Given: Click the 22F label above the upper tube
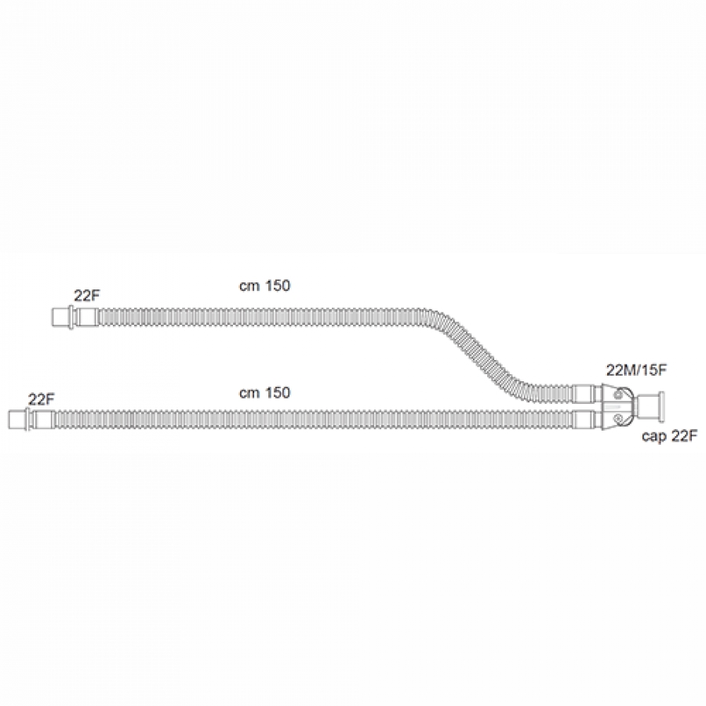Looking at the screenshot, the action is pyautogui.click(x=87, y=296).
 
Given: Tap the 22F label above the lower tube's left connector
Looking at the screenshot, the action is pyautogui.click(x=41, y=399).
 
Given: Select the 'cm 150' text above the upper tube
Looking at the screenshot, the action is pyautogui.click(x=265, y=286).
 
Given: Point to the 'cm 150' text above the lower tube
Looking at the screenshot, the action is pyautogui.click(x=265, y=393).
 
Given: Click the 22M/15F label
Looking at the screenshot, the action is pyautogui.click(x=637, y=370).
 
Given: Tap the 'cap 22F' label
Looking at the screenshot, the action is pyautogui.click(x=670, y=436).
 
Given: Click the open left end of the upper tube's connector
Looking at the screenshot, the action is pyautogui.click(x=53, y=317).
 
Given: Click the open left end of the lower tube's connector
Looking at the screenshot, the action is pyautogui.click(x=9, y=419).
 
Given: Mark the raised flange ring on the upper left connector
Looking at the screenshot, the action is pyautogui.click(x=71, y=317).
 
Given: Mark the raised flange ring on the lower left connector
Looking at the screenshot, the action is pyautogui.click(x=29, y=419).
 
